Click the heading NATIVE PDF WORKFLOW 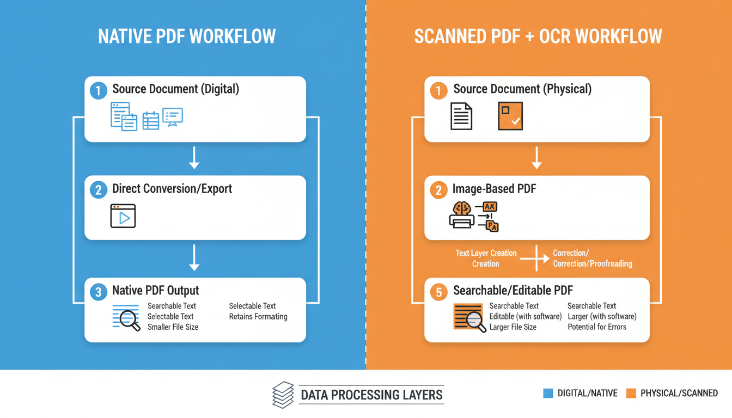pos(187,37)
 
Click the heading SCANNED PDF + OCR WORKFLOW pos(538,37)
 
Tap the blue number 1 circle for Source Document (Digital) pos(99,90)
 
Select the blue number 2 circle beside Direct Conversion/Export pos(99,190)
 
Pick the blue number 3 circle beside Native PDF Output pos(99,292)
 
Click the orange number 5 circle pos(438,292)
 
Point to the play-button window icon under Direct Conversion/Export pos(123,216)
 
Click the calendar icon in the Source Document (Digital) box pos(151,120)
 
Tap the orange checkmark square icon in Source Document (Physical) pos(510,115)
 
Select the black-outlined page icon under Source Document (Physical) pos(461,116)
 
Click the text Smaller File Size pos(173,327)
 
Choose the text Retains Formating pos(258,317)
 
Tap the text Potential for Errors pos(597,327)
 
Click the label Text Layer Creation pos(486,253)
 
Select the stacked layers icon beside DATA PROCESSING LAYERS pos(283,395)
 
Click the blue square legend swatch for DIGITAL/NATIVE pos(548,393)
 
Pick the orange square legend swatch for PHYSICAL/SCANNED pos(631,393)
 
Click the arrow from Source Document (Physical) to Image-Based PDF pos(537,158)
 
